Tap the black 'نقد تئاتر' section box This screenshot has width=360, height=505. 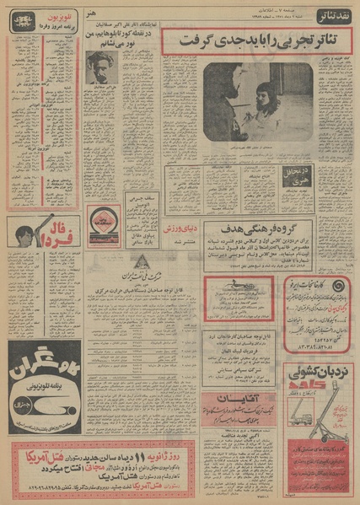click(336, 16)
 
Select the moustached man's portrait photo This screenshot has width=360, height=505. click(101, 67)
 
